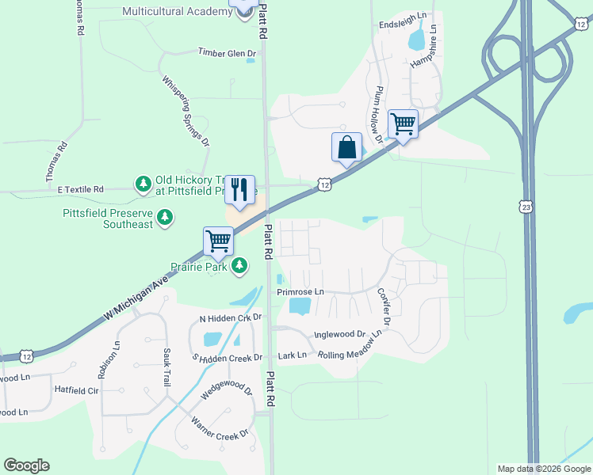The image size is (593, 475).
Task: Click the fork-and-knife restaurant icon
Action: coord(240,189)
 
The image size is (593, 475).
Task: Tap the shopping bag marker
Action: coord(346,147)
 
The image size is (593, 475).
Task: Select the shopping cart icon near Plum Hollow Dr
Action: coord(403,124)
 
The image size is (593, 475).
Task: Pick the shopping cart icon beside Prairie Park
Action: coord(218,240)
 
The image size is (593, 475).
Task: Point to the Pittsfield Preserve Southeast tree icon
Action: coord(164,218)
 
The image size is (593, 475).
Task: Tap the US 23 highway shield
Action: coord(527,207)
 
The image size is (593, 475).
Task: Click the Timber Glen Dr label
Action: coord(228,53)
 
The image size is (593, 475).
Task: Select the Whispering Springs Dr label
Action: coord(185,111)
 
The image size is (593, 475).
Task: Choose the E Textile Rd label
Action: coord(81,190)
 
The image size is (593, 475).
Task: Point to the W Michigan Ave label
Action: coord(136,298)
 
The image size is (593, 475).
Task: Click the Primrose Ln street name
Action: coord(300,292)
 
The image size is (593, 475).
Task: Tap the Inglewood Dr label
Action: coord(339,335)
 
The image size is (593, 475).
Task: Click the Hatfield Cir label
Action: coord(76,390)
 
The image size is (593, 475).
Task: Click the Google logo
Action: coord(26,465)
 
